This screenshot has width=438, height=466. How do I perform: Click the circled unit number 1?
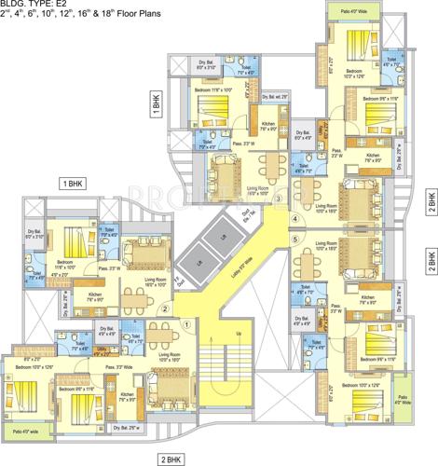click(x=186, y=323)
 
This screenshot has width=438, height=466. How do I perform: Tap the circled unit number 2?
click(x=164, y=309)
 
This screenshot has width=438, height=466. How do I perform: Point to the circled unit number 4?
click(x=294, y=221)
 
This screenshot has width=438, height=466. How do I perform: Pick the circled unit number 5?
click(x=294, y=240)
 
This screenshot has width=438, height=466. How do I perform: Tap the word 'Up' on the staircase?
click(x=239, y=333)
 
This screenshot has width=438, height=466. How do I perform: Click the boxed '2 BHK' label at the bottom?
click(x=171, y=459)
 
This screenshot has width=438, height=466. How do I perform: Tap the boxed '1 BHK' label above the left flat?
click(x=73, y=185)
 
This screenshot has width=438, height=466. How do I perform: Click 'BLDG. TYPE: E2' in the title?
click(x=32, y=7)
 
